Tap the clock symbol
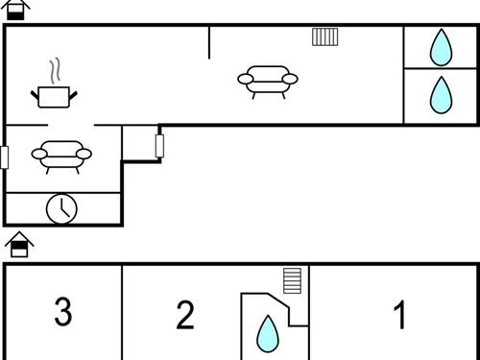pyautogui.click(x=61, y=209)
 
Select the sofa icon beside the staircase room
pyautogui.click(x=268, y=82)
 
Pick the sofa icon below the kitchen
pyautogui.click(x=61, y=156)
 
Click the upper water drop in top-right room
pyautogui.click(x=441, y=48)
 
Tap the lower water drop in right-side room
pyautogui.click(x=441, y=95)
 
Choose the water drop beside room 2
pyautogui.click(x=268, y=334)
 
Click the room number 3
pyautogui.click(x=63, y=311)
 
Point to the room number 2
pyautogui.click(x=185, y=315)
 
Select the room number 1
pyautogui.click(x=399, y=315)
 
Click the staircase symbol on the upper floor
pyautogui.click(x=325, y=36)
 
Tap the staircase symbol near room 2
pyautogui.click(x=293, y=280)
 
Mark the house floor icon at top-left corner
pyautogui.click(x=15, y=10)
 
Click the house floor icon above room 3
pyautogui.click(x=19, y=245)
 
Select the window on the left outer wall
pyautogui.click(x=4, y=157)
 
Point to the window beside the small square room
pyautogui.click(x=159, y=146)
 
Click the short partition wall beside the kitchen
pyautogui.click(x=209, y=43)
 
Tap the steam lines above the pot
pyautogui.click(x=55, y=71)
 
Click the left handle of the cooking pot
pyautogui.click(x=35, y=95)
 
